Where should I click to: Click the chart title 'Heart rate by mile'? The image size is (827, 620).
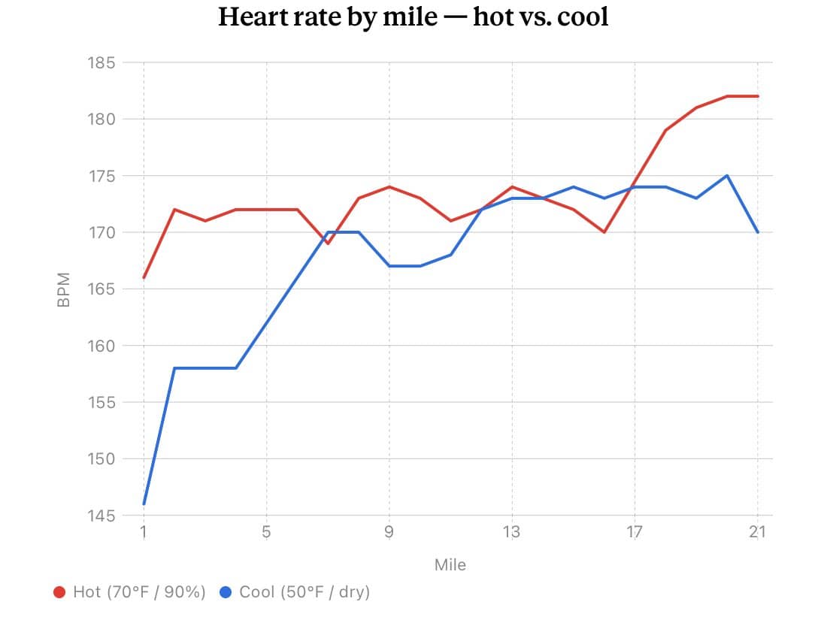coord(328,17)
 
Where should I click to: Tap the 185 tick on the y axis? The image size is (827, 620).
coord(101,62)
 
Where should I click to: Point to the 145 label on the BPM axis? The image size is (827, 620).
coord(101,516)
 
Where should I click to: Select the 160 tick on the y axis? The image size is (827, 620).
coord(101,346)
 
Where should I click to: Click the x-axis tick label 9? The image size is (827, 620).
coord(389,532)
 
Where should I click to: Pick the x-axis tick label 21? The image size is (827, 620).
coord(757,532)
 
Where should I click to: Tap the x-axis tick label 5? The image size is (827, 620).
coord(266,532)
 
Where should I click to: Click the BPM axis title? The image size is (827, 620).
coord(63,289)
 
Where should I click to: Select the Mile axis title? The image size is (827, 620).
coord(450,565)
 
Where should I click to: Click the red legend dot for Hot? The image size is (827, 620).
coord(59,592)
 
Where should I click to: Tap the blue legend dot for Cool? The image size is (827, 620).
coord(226,592)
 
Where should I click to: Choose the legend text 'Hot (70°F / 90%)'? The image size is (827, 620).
coord(139,592)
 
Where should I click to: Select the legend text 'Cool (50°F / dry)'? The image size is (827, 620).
coord(304,592)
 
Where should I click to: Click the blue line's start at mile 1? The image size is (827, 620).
coord(144,504)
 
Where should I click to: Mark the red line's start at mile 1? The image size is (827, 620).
coord(144,277)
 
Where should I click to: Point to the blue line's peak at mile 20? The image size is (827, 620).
coord(727,176)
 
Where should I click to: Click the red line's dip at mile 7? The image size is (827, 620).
coord(328,243)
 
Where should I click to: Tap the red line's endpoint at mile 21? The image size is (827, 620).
coord(758,96)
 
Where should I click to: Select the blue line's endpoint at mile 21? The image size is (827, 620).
coord(758,232)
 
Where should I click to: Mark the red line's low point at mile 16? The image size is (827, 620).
coord(604,232)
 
